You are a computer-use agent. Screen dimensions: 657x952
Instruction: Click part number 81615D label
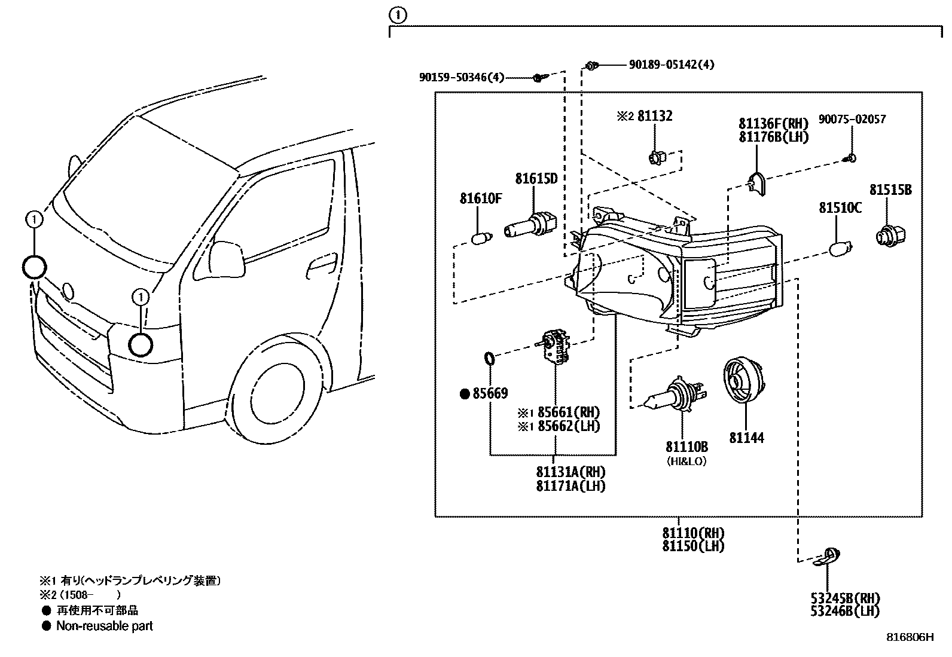[536, 179]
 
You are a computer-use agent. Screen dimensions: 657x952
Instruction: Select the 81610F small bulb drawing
[481, 239]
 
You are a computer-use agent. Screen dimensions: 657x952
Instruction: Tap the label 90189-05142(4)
[671, 65]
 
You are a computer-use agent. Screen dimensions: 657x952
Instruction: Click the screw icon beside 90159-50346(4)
[540, 78]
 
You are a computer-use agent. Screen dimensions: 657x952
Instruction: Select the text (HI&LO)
[686, 462]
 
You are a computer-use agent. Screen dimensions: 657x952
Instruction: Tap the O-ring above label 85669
[489, 359]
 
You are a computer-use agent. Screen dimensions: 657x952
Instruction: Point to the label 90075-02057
[852, 120]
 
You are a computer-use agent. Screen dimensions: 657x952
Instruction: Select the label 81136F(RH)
[773, 124]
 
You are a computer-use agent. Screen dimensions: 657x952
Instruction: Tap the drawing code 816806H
[909, 637]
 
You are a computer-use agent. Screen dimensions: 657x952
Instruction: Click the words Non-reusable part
[104, 626]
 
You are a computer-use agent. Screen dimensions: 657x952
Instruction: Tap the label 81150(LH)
[693, 546]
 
